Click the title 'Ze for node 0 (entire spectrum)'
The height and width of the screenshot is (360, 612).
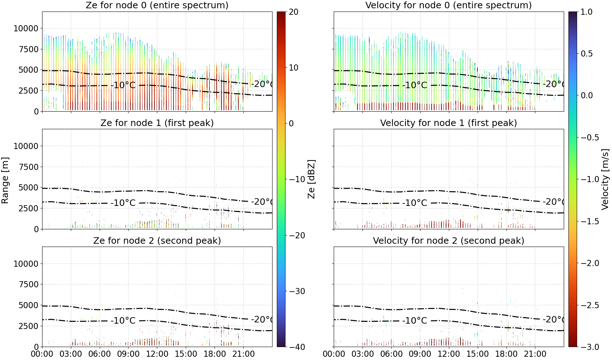(x=157, y=5)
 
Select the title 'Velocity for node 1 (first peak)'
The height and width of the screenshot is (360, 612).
(x=449, y=123)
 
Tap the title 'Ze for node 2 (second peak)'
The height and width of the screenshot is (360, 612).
(x=157, y=240)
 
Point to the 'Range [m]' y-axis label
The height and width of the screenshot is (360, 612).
(x=5, y=181)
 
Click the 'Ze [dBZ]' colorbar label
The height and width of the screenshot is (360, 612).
(x=311, y=179)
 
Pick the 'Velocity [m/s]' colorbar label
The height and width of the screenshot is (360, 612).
(x=605, y=179)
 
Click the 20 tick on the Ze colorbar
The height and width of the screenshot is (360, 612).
(x=293, y=12)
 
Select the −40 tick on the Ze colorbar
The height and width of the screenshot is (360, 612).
(x=297, y=347)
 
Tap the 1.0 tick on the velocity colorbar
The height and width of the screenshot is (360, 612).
(x=586, y=12)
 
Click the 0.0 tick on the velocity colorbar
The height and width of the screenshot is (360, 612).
(x=586, y=96)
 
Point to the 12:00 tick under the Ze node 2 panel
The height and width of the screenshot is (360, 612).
(x=157, y=354)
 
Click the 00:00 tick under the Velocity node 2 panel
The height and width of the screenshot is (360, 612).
(x=334, y=354)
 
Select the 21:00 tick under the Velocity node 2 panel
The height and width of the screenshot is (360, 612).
(x=535, y=354)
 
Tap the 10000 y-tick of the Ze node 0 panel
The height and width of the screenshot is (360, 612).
(x=26, y=28)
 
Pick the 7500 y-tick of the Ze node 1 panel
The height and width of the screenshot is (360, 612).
(x=28, y=167)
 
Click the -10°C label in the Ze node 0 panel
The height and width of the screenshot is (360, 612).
(x=123, y=85)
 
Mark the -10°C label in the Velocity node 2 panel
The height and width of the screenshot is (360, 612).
(x=415, y=320)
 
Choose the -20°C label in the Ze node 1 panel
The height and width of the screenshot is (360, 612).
(x=262, y=202)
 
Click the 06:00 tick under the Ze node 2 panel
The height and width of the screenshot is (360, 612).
(x=100, y=354)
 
